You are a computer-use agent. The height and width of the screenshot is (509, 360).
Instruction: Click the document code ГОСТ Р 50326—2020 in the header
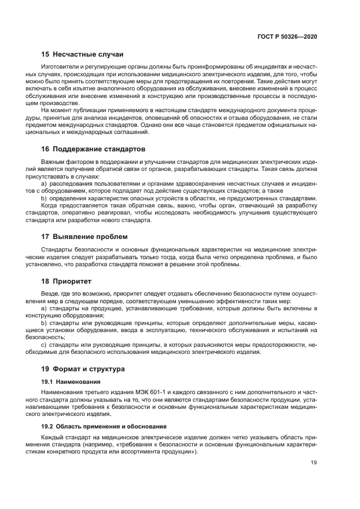[x=287, y=36]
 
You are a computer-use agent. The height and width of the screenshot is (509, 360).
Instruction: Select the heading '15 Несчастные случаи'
[x=82, y=54]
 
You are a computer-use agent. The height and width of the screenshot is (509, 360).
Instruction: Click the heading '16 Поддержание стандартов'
[x=93, y=149]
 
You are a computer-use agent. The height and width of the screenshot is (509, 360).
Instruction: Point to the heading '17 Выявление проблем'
[x=84, y=236]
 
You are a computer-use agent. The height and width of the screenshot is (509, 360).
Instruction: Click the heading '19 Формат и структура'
[x=83, y=369]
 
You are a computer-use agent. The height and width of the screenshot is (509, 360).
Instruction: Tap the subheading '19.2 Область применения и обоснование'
[x=103, y=426]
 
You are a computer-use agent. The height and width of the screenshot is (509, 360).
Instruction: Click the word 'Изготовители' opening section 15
[x=58, y=66]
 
